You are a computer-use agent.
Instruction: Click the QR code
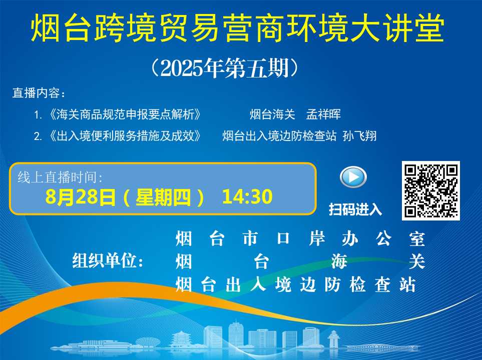(x=430, y=190)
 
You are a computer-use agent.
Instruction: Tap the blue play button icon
(x=353, y=177)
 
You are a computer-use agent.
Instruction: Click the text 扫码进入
(x=355, y=209)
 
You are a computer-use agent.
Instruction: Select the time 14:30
(x=247, y=196)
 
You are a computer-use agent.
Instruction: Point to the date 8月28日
(x=81, y=197)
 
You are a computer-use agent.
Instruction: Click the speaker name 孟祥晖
(x=323, y=114)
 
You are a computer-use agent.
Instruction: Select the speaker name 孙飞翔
(x=359, y=136)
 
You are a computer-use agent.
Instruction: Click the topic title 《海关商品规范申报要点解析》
(x=125, y=114)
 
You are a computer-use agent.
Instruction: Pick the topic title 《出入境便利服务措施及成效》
(x=125, y=136)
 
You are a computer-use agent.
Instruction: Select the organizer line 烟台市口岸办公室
(x=300, y=239)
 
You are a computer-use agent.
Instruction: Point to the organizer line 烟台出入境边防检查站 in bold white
(x=296, y=284)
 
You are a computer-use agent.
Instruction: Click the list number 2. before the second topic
(x=38, y=136)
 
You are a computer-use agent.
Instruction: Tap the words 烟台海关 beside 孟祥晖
(x=272, y=114)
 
